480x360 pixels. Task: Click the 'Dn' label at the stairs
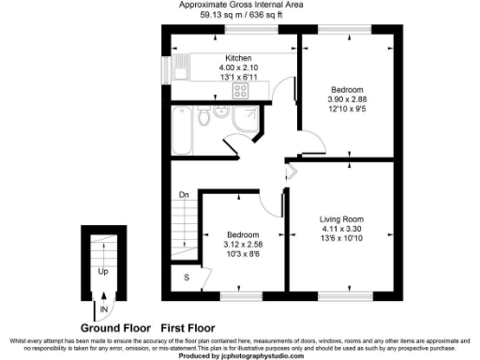point(185,195)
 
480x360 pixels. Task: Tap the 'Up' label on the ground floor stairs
point(102,271)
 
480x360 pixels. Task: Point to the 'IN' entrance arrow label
point(102,307)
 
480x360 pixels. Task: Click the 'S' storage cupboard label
point(187,278)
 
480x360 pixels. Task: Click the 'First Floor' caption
point(191,327)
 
